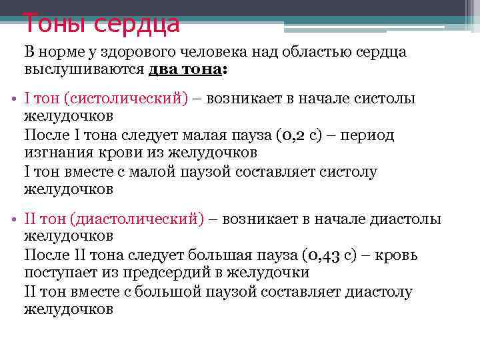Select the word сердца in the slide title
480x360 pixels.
coord(137,23)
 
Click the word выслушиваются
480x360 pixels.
coord(83,69)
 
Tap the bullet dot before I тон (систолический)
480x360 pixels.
coord(14,99)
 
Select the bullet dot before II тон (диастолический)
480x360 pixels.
coord(14,219)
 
